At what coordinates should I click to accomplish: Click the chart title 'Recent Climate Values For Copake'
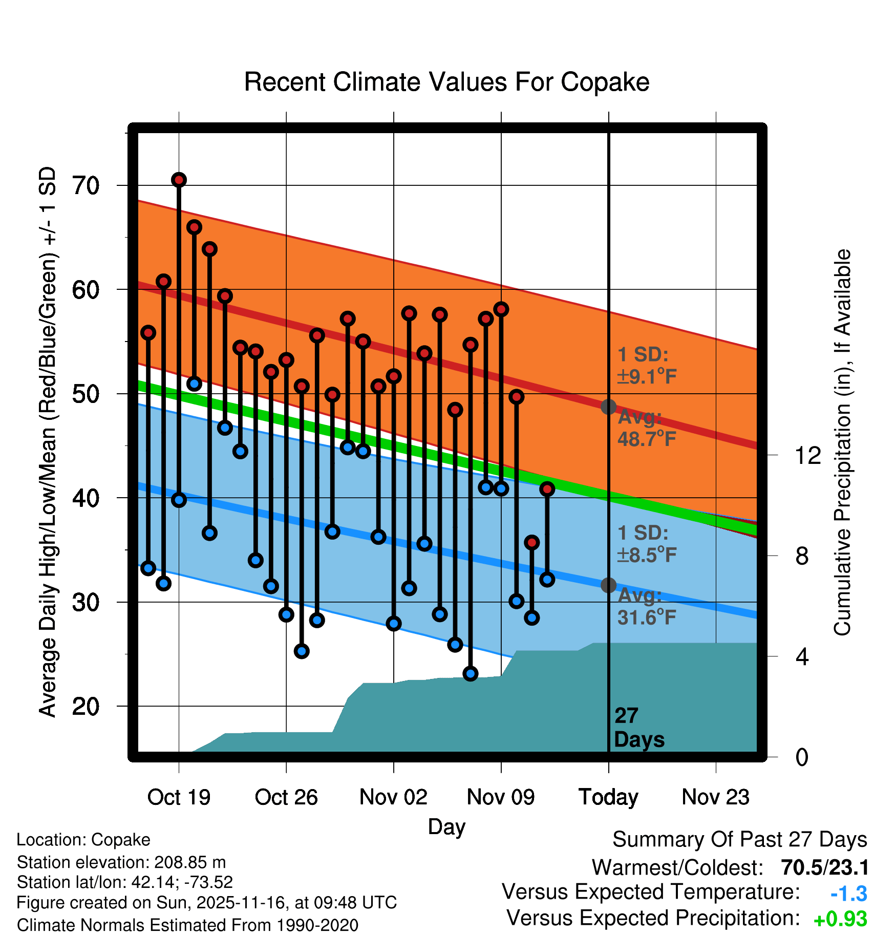[446, 82]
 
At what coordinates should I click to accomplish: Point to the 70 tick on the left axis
[86, 185]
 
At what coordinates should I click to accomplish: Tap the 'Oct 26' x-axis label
[286, 797]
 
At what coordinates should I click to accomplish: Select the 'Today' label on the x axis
[608, 797]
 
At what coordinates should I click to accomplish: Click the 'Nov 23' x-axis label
[715, 797]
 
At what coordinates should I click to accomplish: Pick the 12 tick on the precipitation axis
[807, 455]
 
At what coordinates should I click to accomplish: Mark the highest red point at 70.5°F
[179, 180]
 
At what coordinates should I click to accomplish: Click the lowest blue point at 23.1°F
[471, 673]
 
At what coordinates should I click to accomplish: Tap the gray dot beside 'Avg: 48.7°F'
[608, 407]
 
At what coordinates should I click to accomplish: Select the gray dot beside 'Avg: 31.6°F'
[608, 585]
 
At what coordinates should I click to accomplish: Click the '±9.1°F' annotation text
[647, 377]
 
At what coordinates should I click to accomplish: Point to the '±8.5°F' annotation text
[647, 555]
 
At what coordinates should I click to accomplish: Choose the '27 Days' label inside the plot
[638, 728]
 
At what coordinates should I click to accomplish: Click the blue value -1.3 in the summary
[848, 894]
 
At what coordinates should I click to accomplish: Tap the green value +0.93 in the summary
[840, 919]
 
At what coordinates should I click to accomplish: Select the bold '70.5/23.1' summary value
[825, 867]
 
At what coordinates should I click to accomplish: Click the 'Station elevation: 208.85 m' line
[121, 862]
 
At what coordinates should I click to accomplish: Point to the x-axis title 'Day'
[446, 826]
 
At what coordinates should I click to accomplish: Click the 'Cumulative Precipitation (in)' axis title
[842, 443]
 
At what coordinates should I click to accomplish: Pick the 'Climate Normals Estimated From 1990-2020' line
[187, 925]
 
